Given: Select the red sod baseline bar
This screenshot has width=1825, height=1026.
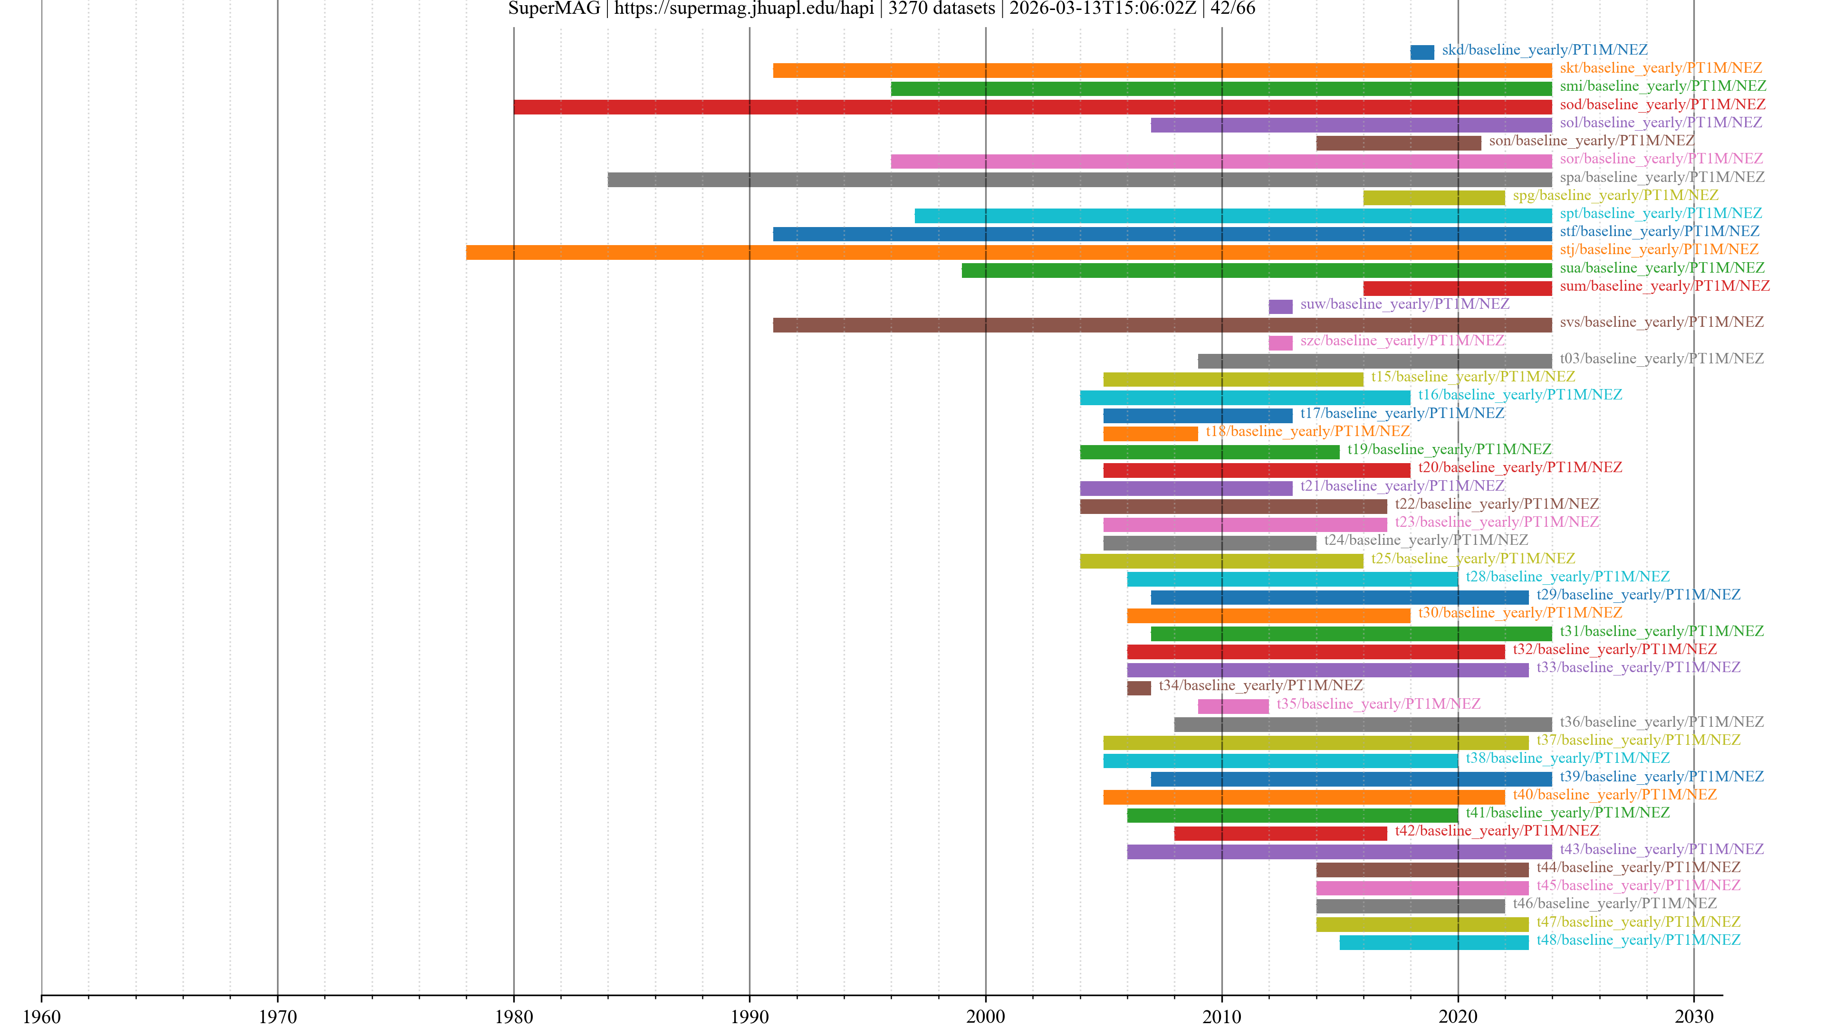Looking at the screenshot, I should point(1032,107).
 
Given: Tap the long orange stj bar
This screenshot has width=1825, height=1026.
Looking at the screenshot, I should point(1008,252).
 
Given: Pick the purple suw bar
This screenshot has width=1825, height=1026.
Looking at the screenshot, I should point(1280,306).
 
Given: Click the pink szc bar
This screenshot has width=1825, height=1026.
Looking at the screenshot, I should point(1280,342).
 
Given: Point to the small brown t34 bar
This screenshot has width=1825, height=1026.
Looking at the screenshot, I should point(1139,687).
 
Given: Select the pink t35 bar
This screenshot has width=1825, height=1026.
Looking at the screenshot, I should point(1233,706).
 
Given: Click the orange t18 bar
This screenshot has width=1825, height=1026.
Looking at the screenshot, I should point(1150,433).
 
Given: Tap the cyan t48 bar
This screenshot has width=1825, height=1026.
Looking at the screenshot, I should point(1433,942).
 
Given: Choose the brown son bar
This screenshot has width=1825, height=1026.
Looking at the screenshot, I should point(1398,143).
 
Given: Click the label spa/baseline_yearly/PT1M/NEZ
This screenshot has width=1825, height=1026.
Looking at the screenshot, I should point(1662,177).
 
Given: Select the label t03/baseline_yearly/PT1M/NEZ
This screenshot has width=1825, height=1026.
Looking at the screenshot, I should point(1662,358).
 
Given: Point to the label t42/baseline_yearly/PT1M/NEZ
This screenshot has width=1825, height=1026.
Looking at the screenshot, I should point(1496,831).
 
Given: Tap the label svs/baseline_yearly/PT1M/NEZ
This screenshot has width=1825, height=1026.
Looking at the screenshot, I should point(1662,322).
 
